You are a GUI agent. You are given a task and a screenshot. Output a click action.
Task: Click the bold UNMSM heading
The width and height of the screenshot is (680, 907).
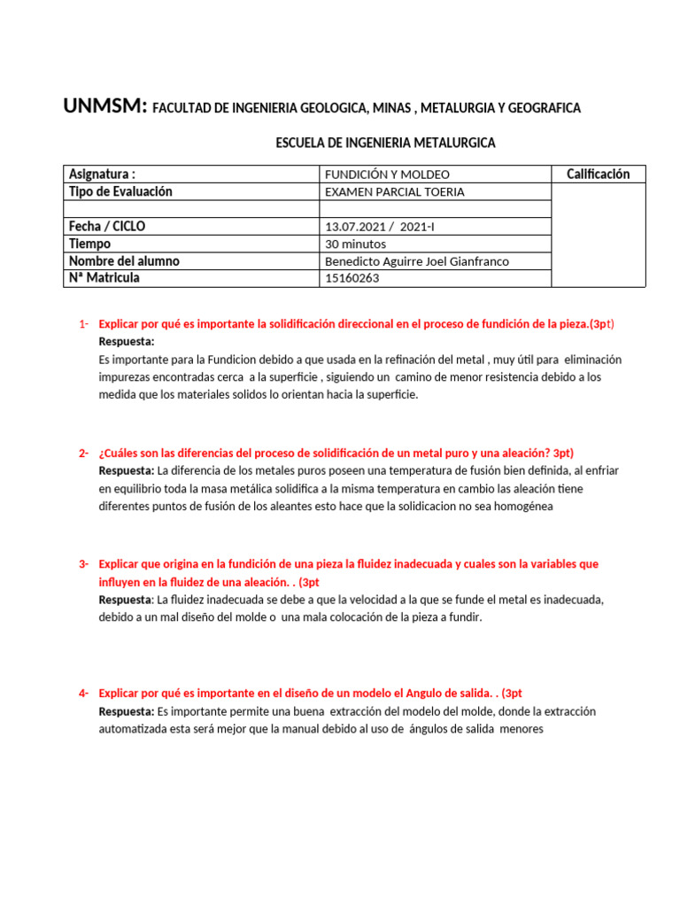[104, 107]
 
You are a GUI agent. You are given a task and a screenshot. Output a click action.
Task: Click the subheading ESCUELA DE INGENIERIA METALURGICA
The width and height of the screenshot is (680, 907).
[386, 142]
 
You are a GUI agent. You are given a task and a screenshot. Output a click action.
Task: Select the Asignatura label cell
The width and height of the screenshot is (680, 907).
[103, 174]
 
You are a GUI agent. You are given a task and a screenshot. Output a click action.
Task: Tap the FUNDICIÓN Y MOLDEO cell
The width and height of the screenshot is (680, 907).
[388, 174]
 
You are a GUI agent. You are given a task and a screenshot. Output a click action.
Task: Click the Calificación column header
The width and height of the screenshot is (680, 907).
[598, 174]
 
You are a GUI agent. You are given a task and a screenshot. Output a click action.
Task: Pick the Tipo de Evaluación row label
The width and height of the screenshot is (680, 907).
[120, 191]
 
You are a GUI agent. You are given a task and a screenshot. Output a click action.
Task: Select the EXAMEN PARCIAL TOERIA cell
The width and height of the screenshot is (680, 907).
[395, 191]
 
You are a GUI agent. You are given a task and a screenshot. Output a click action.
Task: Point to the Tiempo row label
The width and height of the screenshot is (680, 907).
[89, 244]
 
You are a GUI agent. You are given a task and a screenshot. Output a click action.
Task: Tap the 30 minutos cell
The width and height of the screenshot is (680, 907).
[356, 244]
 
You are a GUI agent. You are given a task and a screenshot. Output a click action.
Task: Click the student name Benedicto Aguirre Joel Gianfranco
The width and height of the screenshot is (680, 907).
[418, 261]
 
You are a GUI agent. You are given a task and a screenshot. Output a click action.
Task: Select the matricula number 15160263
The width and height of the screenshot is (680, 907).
[352, 278]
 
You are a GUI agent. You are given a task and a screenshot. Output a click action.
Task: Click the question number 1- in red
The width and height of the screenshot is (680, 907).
[84, 324]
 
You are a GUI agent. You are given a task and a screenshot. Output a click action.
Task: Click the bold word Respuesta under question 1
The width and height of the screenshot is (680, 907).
[127, 341]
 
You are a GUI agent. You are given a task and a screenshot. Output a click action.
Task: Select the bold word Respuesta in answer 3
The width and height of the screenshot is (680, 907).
[126, 600]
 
